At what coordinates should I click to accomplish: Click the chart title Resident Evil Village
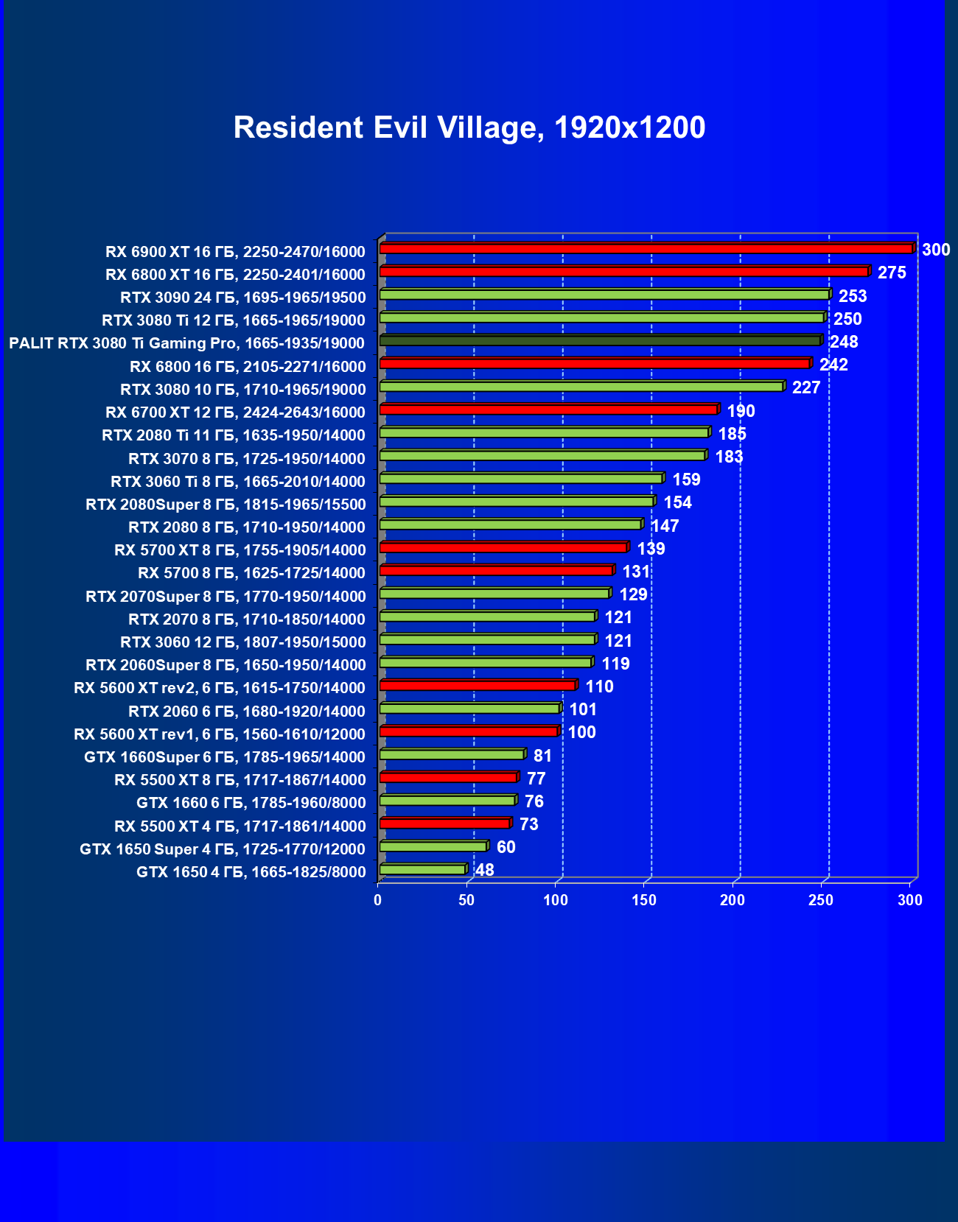pos(469,127)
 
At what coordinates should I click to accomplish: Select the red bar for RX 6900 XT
pos(646,249)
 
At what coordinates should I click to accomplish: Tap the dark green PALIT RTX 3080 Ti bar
pos(600,341)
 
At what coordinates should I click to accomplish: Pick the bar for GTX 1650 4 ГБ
pos(423,870)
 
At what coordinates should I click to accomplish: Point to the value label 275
pos(892,273)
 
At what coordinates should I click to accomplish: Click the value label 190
pos(741,411)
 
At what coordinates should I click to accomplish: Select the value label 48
pos(485,870)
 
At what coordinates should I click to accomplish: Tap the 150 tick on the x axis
pos(644,900)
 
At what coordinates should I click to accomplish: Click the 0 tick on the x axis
pos(378,900)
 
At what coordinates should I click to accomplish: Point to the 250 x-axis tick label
pos(821,900)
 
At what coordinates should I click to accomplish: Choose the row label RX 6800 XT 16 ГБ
pos(235,275)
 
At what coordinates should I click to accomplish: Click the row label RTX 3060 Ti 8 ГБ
pos(237,482)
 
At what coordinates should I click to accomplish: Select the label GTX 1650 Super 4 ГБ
pos(222,849)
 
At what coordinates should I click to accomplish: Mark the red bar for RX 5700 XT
pos(503,547)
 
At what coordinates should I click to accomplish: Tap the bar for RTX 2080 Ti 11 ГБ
pos(544,433)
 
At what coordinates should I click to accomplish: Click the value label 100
pos(581,733)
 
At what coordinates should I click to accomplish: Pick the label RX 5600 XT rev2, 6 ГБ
pos(219,688)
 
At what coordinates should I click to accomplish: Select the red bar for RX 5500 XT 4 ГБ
pos(444,824)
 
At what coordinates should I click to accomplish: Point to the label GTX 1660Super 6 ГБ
pos(224,757)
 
